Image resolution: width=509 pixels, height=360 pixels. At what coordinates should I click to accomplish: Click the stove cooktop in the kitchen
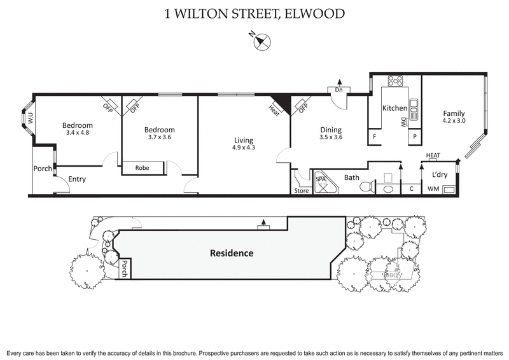(396, 81)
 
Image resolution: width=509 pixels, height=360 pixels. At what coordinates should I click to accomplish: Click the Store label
(301, 190)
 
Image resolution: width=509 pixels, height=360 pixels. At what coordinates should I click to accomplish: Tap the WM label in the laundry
(433, 189)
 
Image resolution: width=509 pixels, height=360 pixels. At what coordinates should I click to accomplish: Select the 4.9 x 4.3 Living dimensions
(243, 148)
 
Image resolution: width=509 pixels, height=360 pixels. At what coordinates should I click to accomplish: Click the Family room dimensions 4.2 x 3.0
(454, 121)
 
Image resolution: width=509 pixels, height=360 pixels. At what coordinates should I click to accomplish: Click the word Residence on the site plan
(232, 253)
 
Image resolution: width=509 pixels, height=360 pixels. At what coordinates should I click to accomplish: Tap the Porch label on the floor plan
(43, 169)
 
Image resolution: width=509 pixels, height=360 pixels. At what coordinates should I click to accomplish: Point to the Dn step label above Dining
(338, 90)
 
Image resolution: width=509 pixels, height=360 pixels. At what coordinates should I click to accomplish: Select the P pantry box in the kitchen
(414, 137)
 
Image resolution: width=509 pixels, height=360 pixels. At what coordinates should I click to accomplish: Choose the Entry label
(73, 179)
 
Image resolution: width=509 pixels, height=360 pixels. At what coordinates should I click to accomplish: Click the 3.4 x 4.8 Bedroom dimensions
(77, 133)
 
